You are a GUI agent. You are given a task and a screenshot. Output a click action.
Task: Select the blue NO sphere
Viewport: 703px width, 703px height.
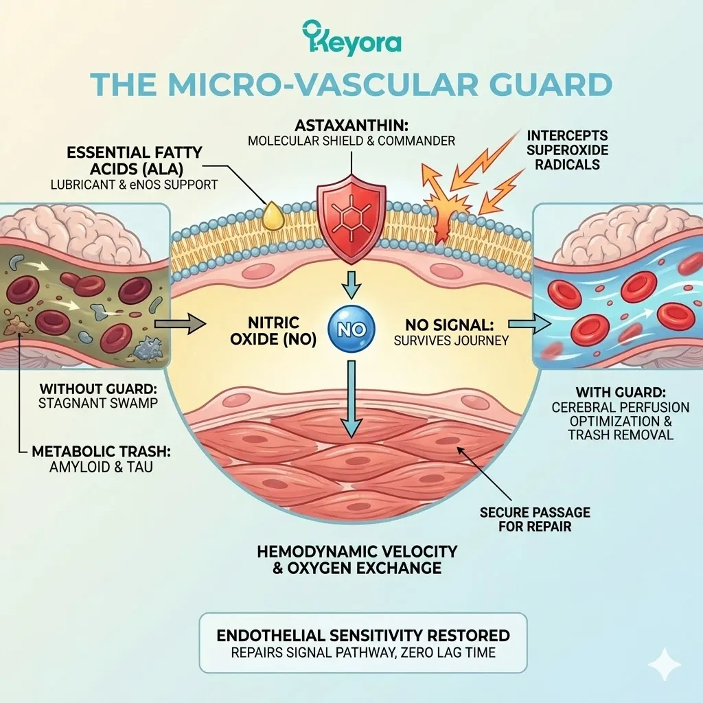coord(351,330)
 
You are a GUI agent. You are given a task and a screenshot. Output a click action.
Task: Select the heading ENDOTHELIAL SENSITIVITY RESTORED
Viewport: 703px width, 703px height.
coord(363,635)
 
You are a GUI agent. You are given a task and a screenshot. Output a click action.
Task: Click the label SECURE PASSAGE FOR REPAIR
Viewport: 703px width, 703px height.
coord(535,520)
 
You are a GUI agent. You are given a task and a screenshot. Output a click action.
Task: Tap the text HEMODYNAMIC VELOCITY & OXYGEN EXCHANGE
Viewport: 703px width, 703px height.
coord(356,560)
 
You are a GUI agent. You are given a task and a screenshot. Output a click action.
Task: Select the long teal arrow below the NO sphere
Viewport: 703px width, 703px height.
coord(351,398)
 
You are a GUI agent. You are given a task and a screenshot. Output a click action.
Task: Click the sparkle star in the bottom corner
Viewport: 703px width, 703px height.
coord(664,665)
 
